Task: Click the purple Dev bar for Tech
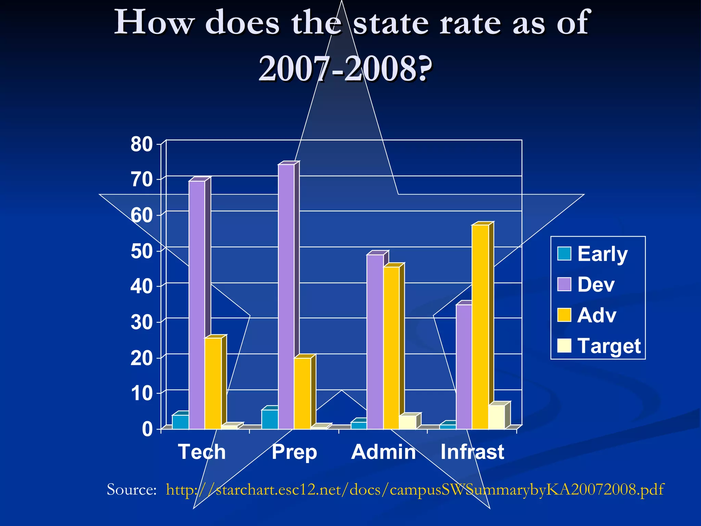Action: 197,305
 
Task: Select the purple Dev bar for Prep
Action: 286,297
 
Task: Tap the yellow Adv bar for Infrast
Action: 480,327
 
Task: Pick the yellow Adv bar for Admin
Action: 391,348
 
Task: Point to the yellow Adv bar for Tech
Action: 213,383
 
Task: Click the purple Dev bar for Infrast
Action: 464,366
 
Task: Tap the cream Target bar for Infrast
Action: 496,417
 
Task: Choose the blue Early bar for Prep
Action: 270,419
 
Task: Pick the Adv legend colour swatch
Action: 564,315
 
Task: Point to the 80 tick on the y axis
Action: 141,144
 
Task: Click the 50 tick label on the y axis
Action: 141,251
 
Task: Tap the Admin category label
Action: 383,452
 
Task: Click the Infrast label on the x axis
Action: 472,452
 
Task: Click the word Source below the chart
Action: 131,490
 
